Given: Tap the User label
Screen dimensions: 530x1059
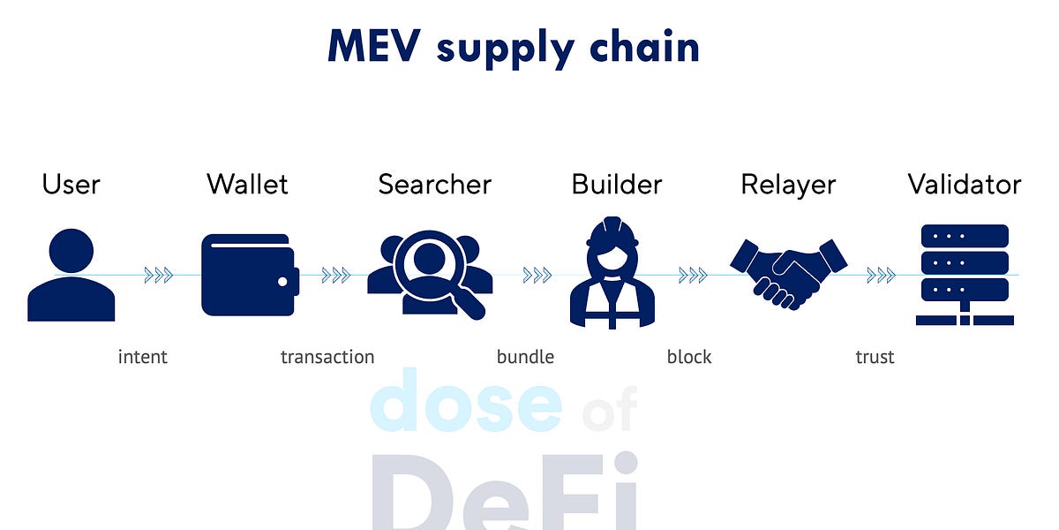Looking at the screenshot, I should pyautogui.click(x=71, y=185).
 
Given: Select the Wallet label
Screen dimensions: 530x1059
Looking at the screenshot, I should pyautogui.click(x=247, y=185).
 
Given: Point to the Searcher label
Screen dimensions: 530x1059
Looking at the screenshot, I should pyautogui.click(x=434, y=185).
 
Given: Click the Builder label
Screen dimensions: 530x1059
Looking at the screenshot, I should pyautogui.click(x=616, y=185).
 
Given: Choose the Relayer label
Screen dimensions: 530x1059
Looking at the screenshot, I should pyautogui.click(x=788, y=185).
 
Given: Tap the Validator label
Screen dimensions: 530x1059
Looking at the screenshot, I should pyautogui.click(x=965, y=185).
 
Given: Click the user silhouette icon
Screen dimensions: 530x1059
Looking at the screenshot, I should pyautogui.click(x=71, y=275).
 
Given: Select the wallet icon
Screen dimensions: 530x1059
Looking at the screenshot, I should pyautogui.click(x=250, y=275).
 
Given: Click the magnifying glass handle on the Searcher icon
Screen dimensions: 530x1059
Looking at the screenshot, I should pyautogui.click(x=471, y=305).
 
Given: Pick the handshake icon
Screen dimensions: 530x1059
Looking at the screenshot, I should pyautogui.click(x=788, y=273).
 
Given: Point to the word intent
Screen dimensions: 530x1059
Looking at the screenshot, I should pyautogui.click(x=142, y=357).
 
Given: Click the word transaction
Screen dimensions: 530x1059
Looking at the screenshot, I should pyautogui.click(x=327, y=357).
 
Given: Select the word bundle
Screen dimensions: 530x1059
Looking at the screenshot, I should pyautogui.click(x=525, y=357).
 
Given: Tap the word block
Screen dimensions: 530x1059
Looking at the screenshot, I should pyautogui.click(x=689, y=357).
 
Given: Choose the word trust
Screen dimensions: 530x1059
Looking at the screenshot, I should pyautogui.click(x=875, y=357).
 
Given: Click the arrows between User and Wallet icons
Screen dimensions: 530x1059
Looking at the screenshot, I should pyautogui.click(x=159, y=276).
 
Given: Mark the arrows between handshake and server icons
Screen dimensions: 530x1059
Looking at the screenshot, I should pyautogui.click(x=881, y=276).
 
